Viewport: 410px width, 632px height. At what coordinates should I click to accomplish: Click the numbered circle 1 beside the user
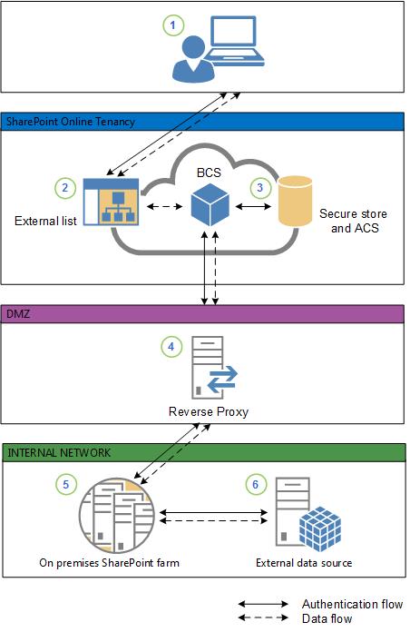pos(172,26)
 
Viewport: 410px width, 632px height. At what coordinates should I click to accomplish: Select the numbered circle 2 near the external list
pos(64,188)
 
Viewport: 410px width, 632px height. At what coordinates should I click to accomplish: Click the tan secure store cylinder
pos(295,201)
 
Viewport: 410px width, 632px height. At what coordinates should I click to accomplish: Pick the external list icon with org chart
pos(109,202)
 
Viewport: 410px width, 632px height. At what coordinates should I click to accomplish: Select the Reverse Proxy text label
pos(210,411)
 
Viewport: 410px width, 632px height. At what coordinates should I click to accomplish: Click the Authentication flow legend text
pos(352,604)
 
